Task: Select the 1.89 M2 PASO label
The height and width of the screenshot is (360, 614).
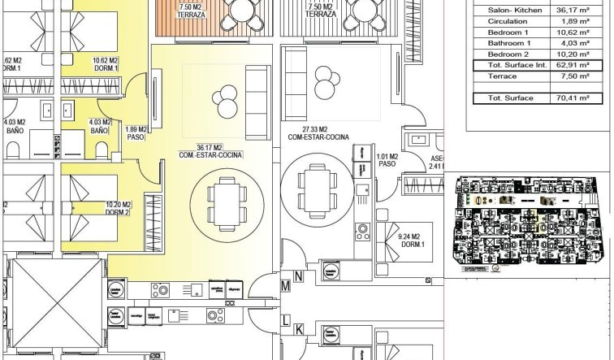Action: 136,132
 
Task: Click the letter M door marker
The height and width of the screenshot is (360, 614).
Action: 286,287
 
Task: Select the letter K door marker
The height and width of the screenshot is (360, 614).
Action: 299,328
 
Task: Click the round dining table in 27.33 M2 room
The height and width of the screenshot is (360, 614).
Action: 312,188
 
